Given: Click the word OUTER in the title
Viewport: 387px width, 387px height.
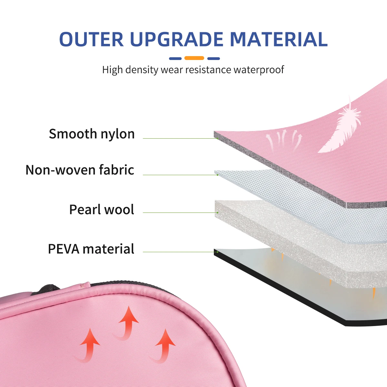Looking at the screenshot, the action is click(91, 39).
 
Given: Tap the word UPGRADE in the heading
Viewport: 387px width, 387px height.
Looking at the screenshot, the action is click(177, 39).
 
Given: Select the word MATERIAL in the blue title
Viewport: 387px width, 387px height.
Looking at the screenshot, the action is click(279, 39).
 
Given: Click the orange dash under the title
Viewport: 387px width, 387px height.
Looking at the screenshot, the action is click(194, 58).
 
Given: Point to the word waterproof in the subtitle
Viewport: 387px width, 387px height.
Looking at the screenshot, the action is click(259, 70).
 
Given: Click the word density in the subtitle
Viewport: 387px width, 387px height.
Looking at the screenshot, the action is click(142, 70).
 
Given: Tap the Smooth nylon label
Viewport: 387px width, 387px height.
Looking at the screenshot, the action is click(92, 134).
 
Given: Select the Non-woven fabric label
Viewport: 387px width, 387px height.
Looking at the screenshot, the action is click(80, 170).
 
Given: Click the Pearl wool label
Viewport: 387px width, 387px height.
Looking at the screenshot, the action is click(102, 210).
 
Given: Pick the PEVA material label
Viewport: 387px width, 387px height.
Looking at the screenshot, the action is click(91, 249).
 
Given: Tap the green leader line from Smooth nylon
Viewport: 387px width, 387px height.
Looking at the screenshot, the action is click(181, 138).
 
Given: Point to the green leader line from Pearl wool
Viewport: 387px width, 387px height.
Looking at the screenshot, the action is click(181, 213).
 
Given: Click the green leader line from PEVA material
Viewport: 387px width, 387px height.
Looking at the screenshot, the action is click(181, 252).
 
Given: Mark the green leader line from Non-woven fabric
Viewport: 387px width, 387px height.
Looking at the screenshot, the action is click(181, 175).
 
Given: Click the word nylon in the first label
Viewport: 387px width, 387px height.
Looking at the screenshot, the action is click(117, 134).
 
